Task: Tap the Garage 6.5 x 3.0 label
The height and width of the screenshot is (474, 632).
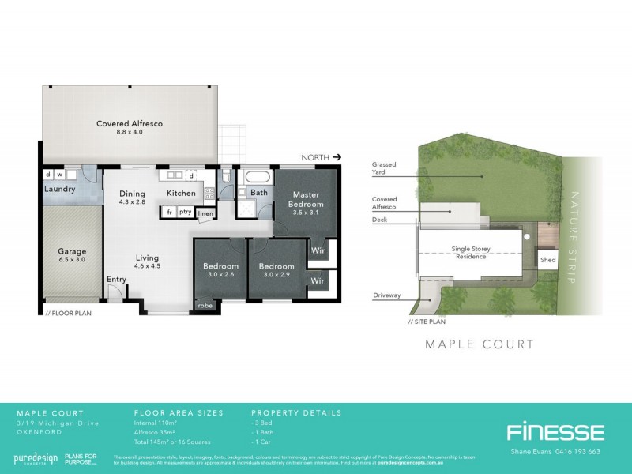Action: [71, 256]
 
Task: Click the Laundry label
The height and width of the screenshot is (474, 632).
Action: [60, 190]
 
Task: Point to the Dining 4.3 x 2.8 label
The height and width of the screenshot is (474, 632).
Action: [133, 198]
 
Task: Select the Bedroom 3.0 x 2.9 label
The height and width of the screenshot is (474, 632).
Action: [276, 271]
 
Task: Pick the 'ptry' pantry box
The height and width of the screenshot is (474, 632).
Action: [185, 212]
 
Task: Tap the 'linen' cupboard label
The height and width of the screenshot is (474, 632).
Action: [205, 213]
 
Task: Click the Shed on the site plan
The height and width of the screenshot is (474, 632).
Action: [547, 260]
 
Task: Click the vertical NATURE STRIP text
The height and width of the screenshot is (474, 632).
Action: [574, 237]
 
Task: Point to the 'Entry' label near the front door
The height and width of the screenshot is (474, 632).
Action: [116, 280]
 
